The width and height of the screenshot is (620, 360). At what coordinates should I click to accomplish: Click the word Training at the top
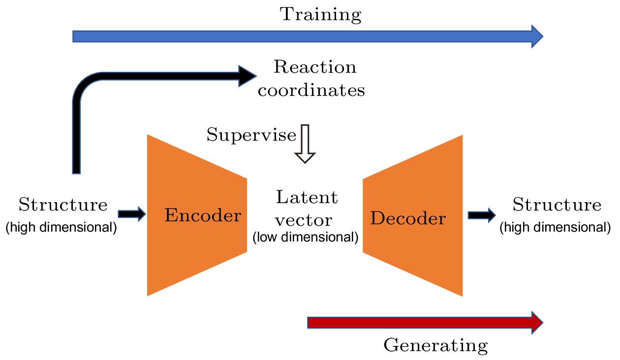(320, 15)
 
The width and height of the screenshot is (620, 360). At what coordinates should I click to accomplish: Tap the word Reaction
(315, 67)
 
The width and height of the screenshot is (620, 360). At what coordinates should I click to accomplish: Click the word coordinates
(311, 90)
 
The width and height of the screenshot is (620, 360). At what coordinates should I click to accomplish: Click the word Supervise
(251, 135)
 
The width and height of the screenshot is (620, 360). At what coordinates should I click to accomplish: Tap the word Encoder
(203, 215)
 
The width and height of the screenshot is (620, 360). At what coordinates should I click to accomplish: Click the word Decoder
(408, 218)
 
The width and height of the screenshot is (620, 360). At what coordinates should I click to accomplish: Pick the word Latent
(307, 197)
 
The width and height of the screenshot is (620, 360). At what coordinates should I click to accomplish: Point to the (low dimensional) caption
(305, 238)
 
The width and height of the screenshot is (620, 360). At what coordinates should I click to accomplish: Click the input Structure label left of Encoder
(62, 205)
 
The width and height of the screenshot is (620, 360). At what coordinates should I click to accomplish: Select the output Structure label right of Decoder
(557, 205)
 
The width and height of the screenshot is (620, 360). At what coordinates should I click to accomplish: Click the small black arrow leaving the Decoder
(482, 214)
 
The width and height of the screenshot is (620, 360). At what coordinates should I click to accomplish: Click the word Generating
(435, 345)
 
